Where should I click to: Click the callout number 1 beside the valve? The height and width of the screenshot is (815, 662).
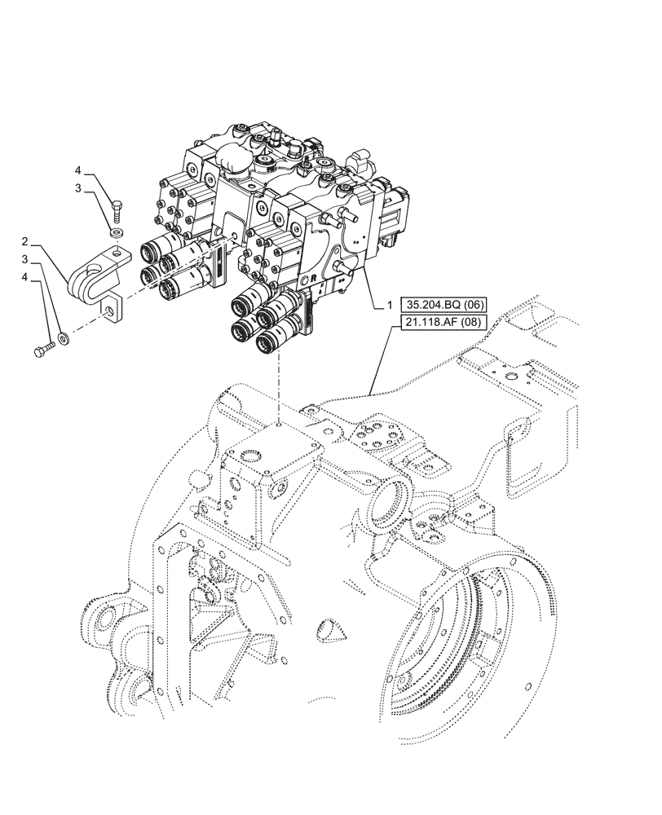coord(390,305)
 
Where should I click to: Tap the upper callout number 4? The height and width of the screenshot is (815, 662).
coord(79,170)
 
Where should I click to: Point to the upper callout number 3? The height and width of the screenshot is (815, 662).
coord(79,189)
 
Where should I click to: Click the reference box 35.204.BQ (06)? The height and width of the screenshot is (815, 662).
coord(444,305)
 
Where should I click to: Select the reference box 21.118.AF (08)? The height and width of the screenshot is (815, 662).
coord(444,323)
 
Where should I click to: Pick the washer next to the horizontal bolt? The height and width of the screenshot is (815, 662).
coord(64,336)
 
